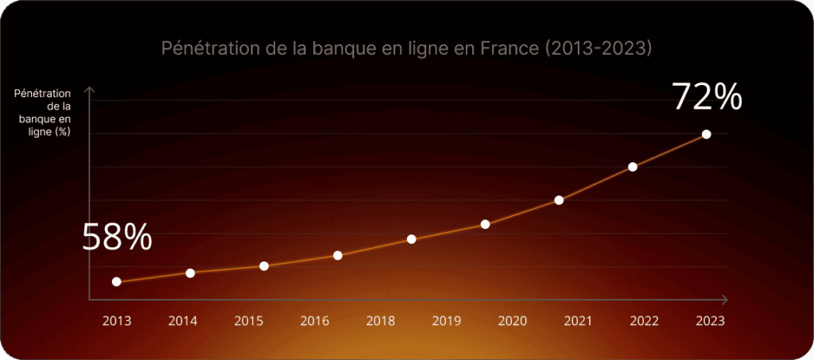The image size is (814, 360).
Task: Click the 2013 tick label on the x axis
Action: point(117,321)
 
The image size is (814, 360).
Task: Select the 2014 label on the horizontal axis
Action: point(183,321)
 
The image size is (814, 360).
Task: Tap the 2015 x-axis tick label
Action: point(249,321)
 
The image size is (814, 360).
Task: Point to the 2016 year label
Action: point(315,321)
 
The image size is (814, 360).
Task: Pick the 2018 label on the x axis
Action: point(381,321)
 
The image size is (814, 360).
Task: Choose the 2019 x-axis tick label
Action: point(447,321)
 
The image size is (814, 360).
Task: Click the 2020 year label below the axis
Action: point(513,321)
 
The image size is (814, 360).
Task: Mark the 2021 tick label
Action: point(578,321)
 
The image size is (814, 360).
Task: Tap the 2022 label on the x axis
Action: point(644,321)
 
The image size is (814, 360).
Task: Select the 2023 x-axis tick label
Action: point(710,321)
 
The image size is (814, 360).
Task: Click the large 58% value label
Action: point(117,238)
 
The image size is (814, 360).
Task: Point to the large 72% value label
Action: point(707,97)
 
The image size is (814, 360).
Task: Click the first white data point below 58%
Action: point(117,281)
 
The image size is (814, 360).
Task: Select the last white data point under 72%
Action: point(706,134)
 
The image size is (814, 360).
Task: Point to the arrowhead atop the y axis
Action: point(89,90)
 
